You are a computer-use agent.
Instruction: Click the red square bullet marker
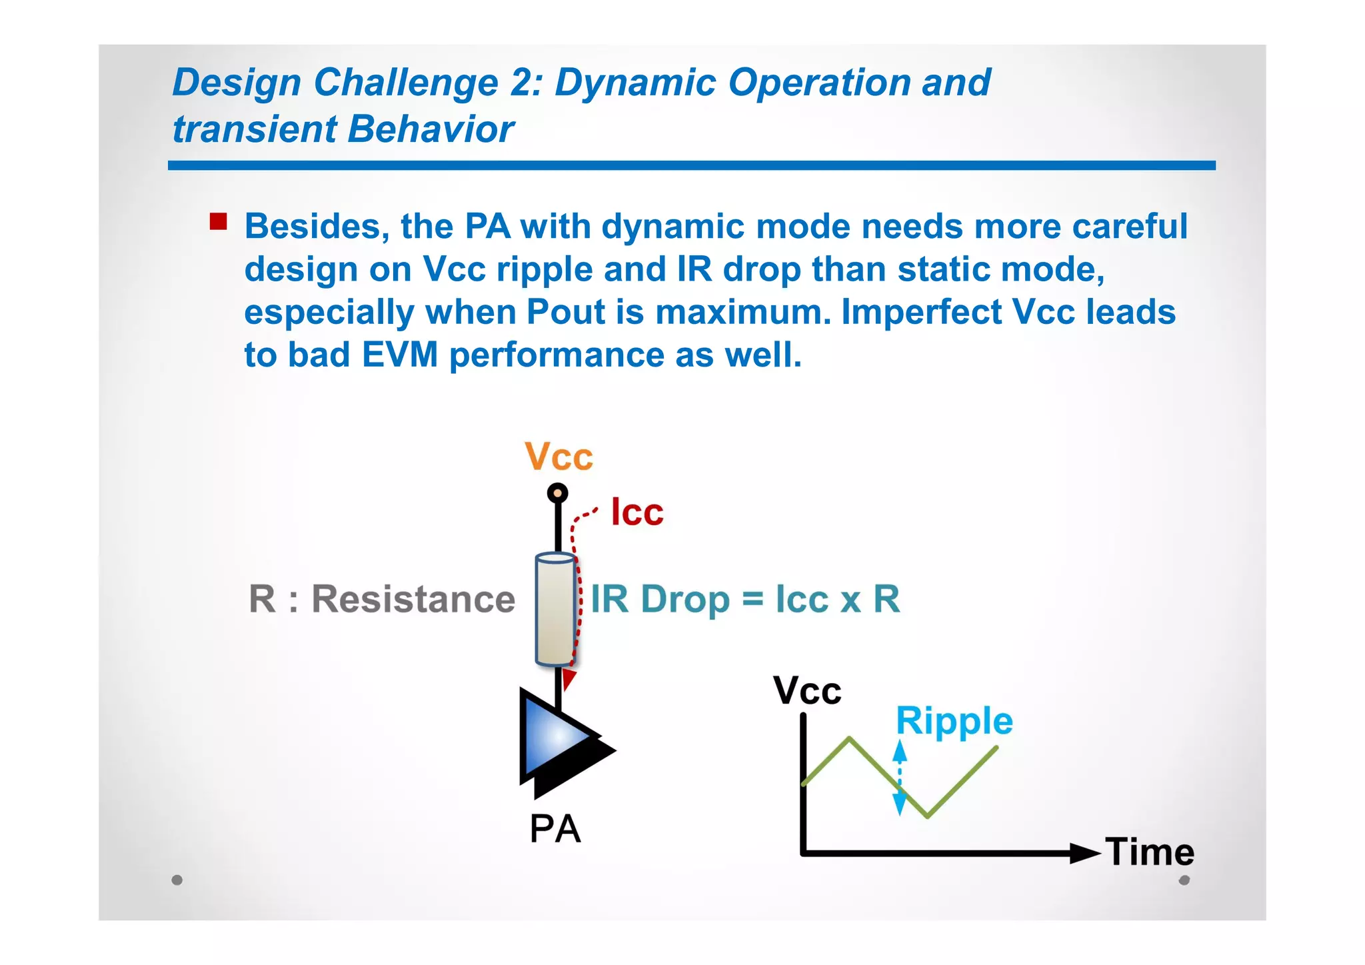(x=218, y=222)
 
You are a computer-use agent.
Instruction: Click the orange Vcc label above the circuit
(x=559, y=457)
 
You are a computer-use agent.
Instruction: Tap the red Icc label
(x=637, y=512)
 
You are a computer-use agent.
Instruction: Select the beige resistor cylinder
(x=555, y=609)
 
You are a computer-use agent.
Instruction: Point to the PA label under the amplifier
(x=555, y=829)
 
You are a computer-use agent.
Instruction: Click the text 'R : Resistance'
(x=382, y=598)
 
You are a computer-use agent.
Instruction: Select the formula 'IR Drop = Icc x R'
(x=745, y=598)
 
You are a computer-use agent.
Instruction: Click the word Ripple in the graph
(x=954, y=722)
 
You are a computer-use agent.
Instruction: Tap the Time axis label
(x=1150, y=852)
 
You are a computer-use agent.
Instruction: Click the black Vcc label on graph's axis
(x=807, y=690)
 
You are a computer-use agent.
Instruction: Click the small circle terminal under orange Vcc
(x=557, y=493)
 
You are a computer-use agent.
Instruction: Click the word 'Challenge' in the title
(x=406, y=83)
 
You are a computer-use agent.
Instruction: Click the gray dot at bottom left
(x=177, y=880)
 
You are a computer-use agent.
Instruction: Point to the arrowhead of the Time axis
(x=1084, y=852)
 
